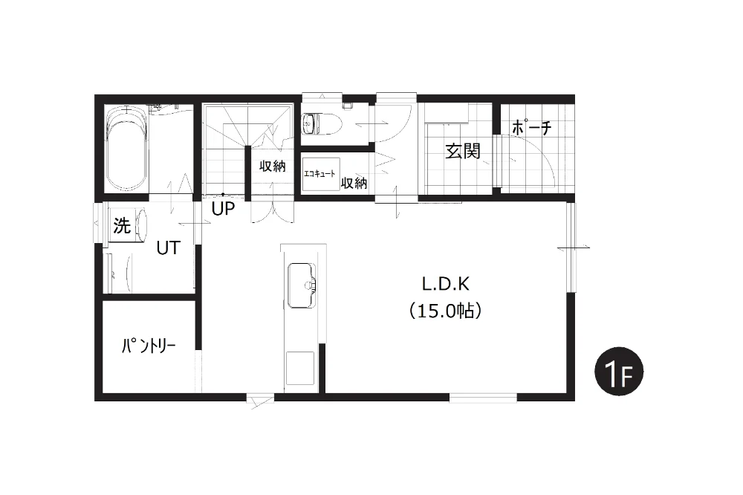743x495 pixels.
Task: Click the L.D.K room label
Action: click(445, 284)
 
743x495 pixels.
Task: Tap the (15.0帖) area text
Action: click(445, 311)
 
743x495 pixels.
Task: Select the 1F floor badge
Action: click(619, 372)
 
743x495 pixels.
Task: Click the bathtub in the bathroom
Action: click(126, 149)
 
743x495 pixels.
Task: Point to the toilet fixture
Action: click(319, 123)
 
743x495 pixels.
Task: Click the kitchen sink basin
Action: click(301, 285)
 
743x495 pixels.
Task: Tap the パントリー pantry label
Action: click(149, 346)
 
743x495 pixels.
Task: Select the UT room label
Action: click(168, 247)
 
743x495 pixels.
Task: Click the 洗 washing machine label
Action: click(122, 226)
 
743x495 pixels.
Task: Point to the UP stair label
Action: click(223, 208)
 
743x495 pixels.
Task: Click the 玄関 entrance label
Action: click(463, 151)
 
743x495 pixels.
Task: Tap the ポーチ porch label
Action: click(532, 127)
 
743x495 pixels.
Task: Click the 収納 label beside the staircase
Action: click(273, 166)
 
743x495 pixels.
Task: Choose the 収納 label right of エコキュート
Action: click(354, 183)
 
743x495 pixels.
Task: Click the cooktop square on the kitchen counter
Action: click(300, 368)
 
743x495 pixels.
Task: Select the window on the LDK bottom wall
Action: click(483, 398)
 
